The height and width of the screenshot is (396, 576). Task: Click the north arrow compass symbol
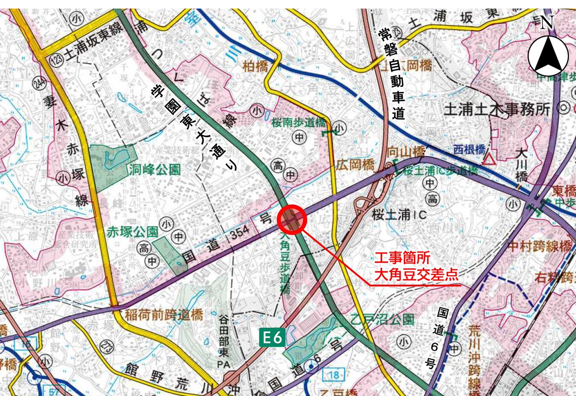pyautogui.click(x=548, y=49)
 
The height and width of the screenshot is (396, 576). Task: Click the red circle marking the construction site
pyautogui.click(x=292, y=220)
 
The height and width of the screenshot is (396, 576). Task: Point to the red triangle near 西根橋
pyautogui.click(x=489, y=159)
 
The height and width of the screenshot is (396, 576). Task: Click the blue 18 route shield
pyautogui.click(x=333, y=374)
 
